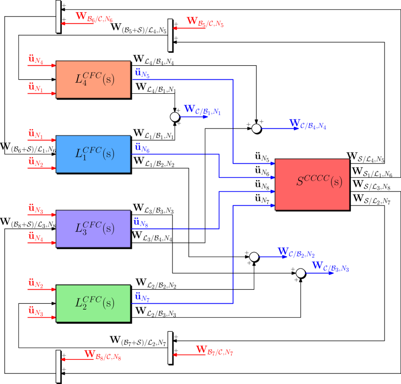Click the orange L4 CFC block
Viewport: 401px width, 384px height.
[x=93, y=79]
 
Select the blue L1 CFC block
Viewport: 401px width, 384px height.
[x=93, y=154]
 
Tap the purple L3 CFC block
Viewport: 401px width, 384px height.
[x=93, y=228]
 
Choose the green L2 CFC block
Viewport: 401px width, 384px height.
[x=93, y=303]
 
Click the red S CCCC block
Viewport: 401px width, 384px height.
[x=312, y=184]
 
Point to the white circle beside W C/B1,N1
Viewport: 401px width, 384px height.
[x=175, y=117]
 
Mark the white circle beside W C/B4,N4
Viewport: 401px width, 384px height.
[x=256, y=128]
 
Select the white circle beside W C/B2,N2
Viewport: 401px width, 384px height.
[x=254, y=257]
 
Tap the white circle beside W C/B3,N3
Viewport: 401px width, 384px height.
[x=301, y=273]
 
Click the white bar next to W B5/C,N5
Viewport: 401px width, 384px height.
[x=170, y=35]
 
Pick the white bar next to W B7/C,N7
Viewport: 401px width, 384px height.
[x=170, y=347]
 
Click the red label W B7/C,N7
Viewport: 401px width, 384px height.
[x=214, y=351]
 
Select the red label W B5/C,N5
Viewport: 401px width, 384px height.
[x=205, y=22]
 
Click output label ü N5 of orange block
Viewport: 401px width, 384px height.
[x=142, y=73]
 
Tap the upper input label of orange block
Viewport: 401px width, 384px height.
[x=36, y=60]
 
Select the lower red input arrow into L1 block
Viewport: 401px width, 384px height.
[x=42, y=168]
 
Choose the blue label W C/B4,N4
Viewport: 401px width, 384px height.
[x=307, y=125]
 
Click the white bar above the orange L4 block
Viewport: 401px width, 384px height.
[x=58, y=16]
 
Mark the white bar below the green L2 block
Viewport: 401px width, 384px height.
[x=58, y=366]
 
